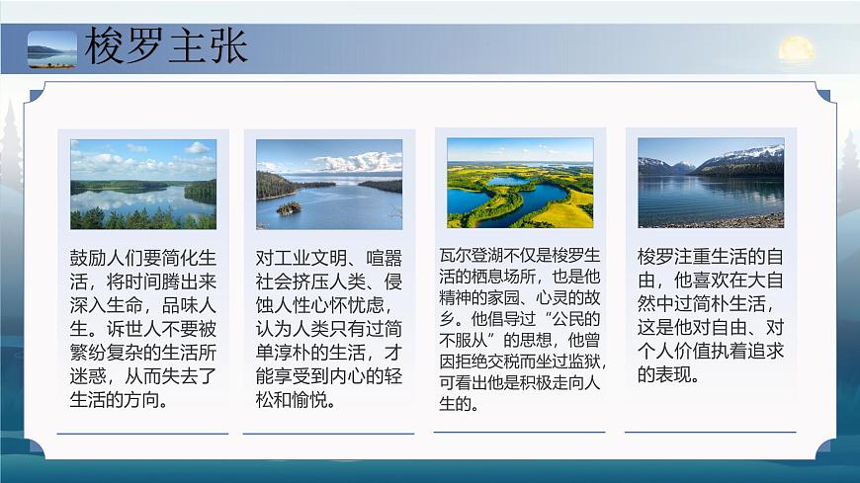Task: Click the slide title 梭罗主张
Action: pos(166,47)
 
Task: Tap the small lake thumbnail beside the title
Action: pos(51,48)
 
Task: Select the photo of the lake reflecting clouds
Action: pos(143,184)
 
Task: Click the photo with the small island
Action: pos(329,184)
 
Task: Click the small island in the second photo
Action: pos(289,208)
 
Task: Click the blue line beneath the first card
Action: pos(143,433)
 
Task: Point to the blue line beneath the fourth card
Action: pos(711,433)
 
